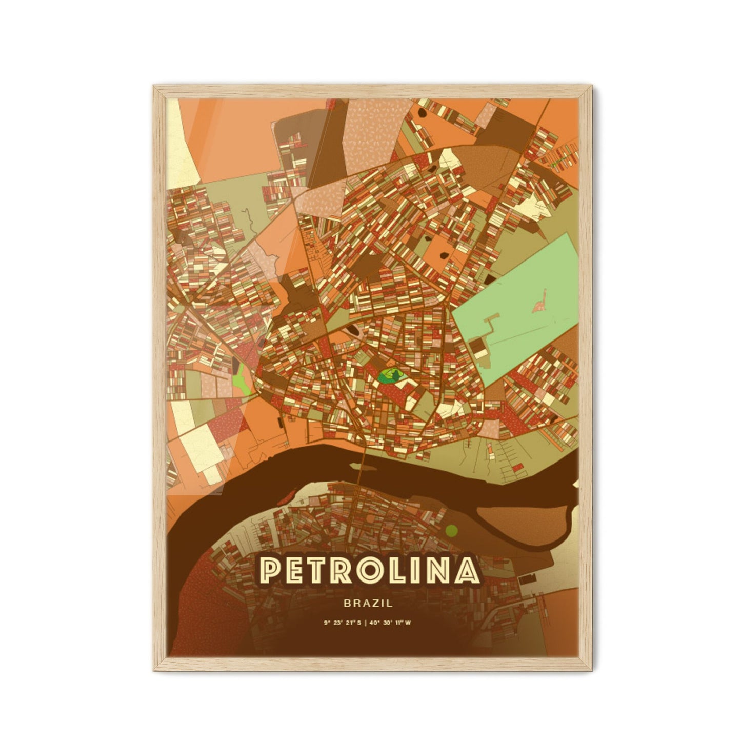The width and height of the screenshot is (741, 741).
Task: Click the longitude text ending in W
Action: pyautogui.click(x=395, y=623)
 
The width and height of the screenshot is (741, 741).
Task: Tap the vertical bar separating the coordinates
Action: pyautogui.click(x=367, y=623)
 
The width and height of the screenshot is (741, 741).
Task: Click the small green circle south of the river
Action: pyautogui.click(x=451, y=529)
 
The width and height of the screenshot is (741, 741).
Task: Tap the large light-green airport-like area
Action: pyautogui.click(x=518, y=308)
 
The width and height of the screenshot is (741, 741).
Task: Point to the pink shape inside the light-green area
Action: pyautogui.click(x=539, y=306)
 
